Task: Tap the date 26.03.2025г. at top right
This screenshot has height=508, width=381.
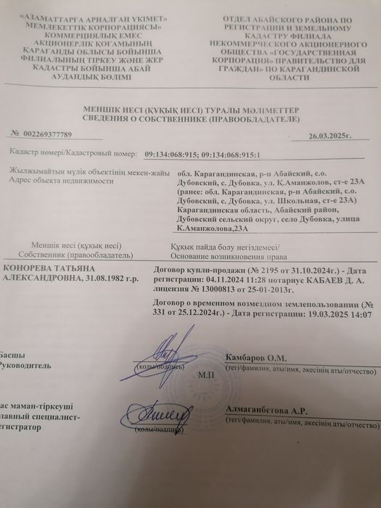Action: pyautogui.click(x=329, y=136)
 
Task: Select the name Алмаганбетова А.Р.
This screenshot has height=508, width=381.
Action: pyautogui.click(x=262, y=411)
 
